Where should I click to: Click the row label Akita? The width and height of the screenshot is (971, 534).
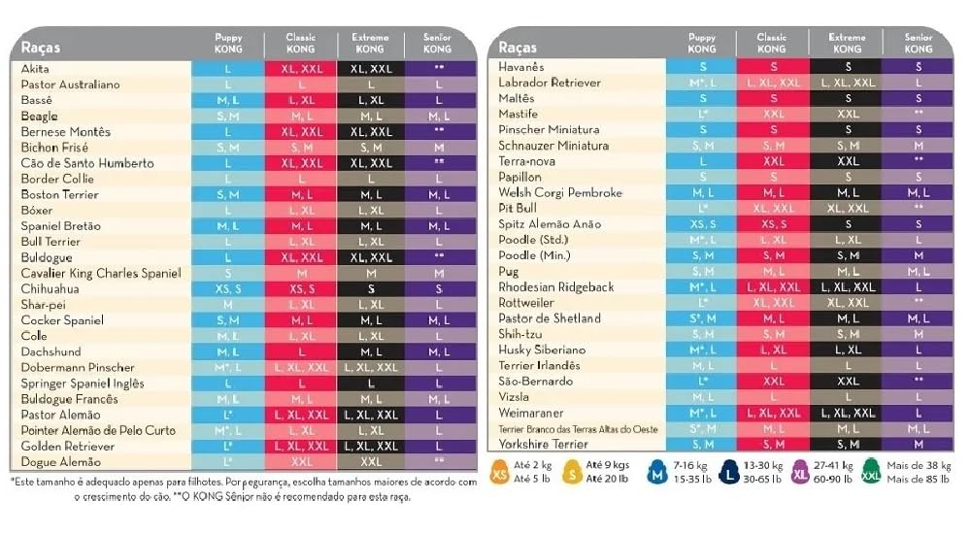click(x=35, y=69)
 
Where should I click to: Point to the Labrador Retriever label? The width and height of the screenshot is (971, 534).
click(x=550, y=83)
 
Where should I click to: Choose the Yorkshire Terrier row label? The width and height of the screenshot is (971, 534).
click(x=544, y=444)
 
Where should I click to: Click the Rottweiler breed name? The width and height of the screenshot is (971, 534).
click(x=526, y=302)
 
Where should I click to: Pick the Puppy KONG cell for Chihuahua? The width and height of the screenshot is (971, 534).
click(x=228, y=288)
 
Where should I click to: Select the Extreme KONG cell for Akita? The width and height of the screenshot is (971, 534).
click(x=370, y=69)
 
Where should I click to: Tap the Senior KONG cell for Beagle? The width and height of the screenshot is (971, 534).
click(x=439, y=117)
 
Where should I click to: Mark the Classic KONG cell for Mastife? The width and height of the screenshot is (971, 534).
click(x=773, y=114)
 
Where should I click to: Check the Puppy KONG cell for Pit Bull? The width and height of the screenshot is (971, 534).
click(x=702, y=208)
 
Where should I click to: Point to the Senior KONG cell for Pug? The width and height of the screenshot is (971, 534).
click(x=918, y=271)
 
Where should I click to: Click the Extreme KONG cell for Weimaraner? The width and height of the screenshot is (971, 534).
click(x=847, y=413)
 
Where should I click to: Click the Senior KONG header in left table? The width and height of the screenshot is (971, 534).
click(x=438, y=43)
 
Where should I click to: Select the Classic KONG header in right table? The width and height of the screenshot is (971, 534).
click(x=772, y=43)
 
